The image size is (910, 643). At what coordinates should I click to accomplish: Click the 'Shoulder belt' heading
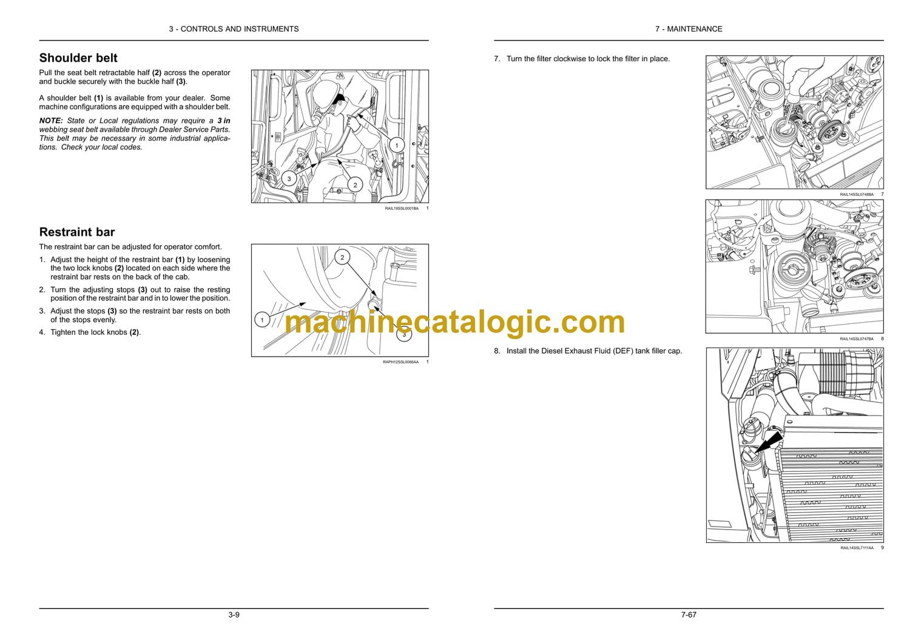pyautogui.click(x=78, y=58)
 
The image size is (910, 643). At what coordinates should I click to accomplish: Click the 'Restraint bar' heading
pyautogui.click(x=77, y=232)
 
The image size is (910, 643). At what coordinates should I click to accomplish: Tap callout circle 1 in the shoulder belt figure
pyautogui.click(x=397, y=145)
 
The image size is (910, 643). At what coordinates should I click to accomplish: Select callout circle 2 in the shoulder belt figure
pyautogui.click(x=355, y=185)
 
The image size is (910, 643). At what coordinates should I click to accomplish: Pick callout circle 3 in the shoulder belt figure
pyautogui.click(x=289, y=179)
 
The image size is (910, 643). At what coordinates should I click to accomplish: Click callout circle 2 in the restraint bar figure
pyautogui.click(x=342, y=257)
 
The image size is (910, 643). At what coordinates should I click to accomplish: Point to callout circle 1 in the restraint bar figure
pyautogui.click(x=262, y=320)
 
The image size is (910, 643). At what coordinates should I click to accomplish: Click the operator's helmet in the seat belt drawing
pyautogui.click(x=328, y=93)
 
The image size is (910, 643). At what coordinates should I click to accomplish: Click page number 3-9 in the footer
pyautogui.click(x=234, y=615)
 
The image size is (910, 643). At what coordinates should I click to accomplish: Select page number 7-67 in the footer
pyautogui.click(x=689, y=615)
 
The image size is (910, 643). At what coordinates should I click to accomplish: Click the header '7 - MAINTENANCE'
pyautogui.click(x=689, y=29)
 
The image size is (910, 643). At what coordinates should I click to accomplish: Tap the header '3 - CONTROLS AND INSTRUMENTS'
pyautogui.click(x=234, y=29)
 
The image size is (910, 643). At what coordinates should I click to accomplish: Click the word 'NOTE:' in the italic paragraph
pyautogui.click(x=51, y=121)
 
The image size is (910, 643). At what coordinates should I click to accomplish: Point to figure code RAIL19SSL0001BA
pyautogui.click(x=402, y=209)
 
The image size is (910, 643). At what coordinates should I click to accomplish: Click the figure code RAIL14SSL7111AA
pyautogui.click(x=857, y=548)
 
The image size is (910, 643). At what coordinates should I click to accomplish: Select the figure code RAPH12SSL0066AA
pyautogui.click(x=400, y=362)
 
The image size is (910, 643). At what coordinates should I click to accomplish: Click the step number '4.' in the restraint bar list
pyautogui.click(x=42, y=332)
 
